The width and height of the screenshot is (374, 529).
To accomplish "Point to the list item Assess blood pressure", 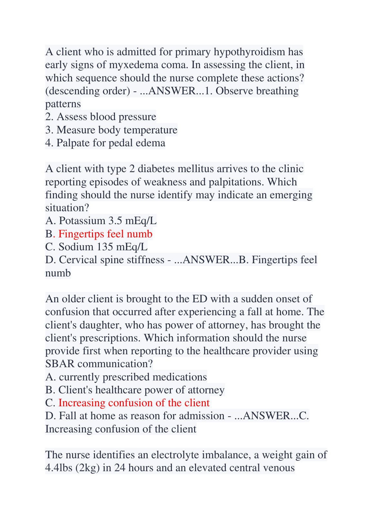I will pos(101,117).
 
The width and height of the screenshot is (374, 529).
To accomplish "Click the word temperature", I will pos(151,130).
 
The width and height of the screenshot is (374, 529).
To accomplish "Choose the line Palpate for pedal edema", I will pos(105,143).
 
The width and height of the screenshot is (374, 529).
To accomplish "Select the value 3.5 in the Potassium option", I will pos(115,221).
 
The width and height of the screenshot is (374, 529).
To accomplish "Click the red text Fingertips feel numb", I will pos(105,234).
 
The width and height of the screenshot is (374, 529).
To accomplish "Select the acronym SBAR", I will pos(60,364).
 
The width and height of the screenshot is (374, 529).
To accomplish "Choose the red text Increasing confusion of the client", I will pos(134,403).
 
